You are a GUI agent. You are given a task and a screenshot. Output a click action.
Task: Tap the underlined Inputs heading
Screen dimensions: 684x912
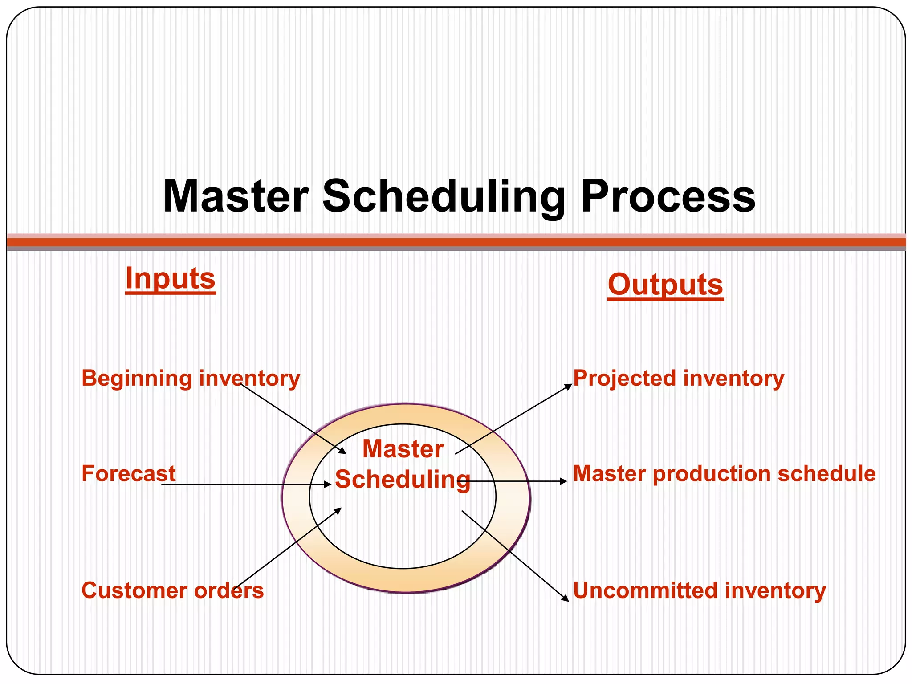tap(170, 279)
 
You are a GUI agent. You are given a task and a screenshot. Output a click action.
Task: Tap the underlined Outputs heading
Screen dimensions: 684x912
tap(665, 285)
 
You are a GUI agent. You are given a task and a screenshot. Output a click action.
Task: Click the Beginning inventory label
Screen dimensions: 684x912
tap(191, 379)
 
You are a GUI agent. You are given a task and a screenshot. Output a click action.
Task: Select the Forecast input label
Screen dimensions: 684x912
tap(128, 473)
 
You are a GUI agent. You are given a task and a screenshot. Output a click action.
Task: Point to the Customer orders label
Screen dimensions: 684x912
tap(172, 590)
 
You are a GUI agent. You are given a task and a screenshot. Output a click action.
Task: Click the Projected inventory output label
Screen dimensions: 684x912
tap(678, 379)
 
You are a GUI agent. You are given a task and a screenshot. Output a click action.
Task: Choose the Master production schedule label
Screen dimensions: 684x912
tap(724, 473)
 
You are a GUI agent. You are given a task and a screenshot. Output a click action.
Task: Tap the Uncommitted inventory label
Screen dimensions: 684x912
tap(699, 590)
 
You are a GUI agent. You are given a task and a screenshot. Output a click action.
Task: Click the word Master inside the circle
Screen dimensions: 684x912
tap(403, 449)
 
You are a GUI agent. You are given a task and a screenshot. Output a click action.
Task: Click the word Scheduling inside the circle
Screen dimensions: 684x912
tap(403, 480)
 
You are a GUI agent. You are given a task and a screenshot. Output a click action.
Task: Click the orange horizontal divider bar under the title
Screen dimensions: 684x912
tap(456, 242)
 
